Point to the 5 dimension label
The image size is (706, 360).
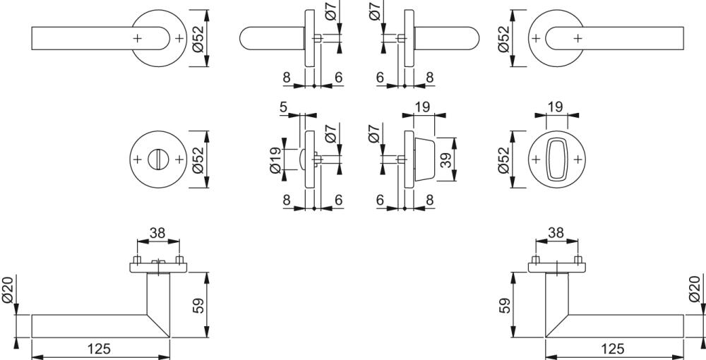[284, 107]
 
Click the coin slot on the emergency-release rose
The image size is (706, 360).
[158, 159]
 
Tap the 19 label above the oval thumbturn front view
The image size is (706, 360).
[556, 107]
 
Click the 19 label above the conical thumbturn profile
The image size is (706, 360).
[423, 107]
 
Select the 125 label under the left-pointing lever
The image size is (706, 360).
[99, 349]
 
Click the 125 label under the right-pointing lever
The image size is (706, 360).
[613, 349]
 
